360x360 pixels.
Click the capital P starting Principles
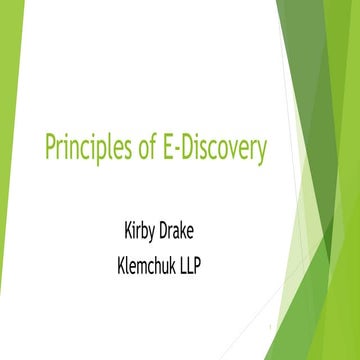[50, 148]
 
